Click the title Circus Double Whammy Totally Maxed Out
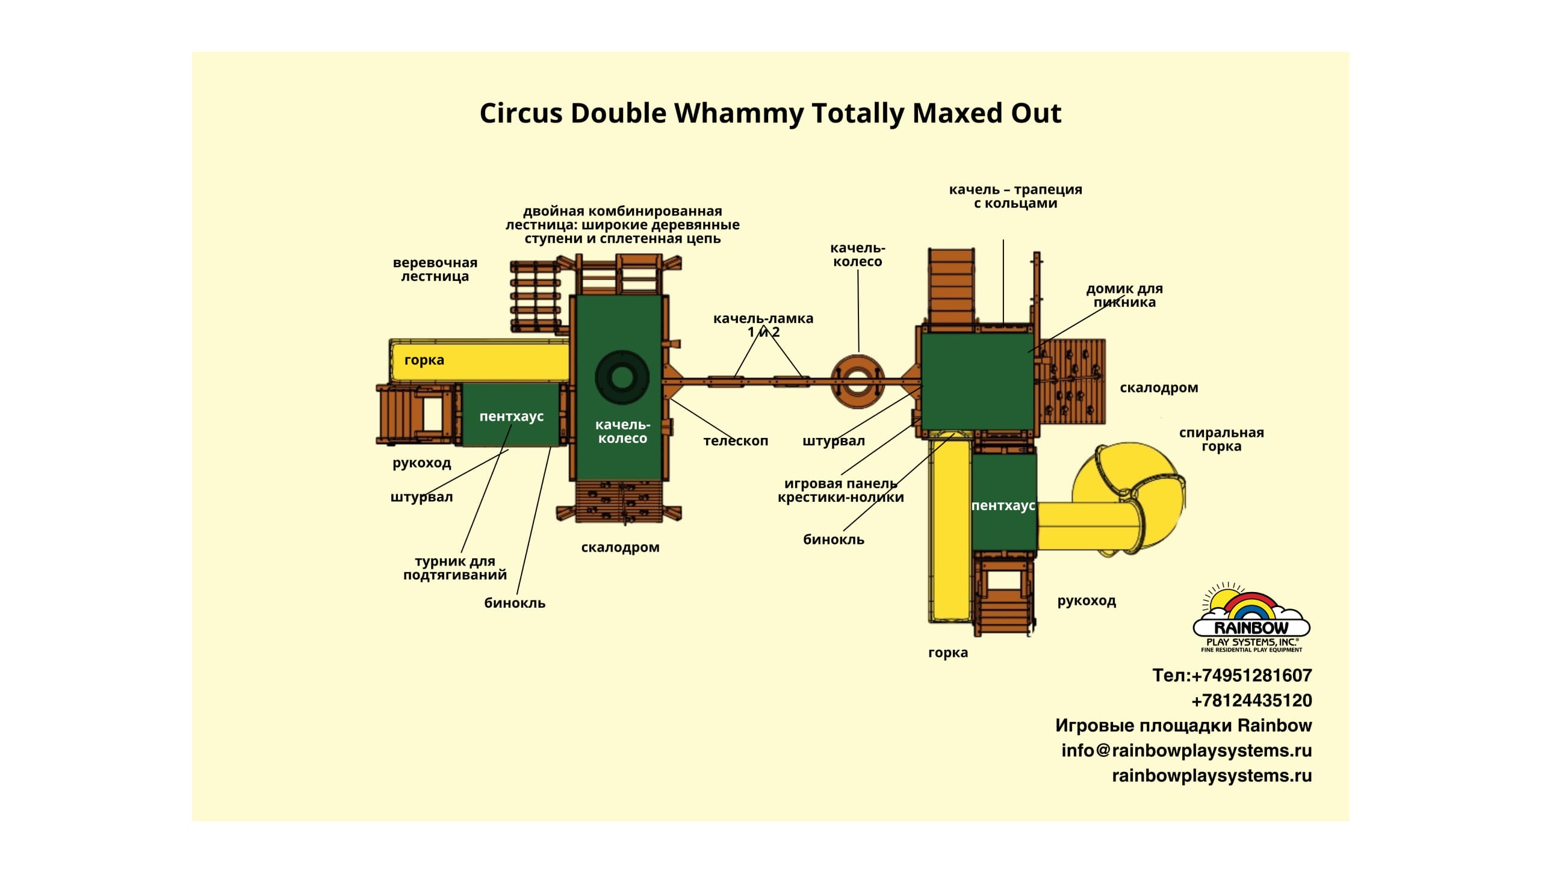pos(770,113)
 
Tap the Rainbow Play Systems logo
pos(1251,619)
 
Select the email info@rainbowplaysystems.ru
pos(1186,750)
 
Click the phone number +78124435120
pos(1251,700)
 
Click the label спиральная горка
pos(1221,439)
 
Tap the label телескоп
pos(736,441)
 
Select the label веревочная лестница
pos(435,270)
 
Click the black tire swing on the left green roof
pos(622,377)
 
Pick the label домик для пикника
pos(1124,295)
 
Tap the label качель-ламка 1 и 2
pos(763,325)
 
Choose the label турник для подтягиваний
pos(455,568)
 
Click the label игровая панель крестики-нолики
pos(840,490)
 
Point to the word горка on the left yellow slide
pos(424,360)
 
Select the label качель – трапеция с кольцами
pos(1015,196)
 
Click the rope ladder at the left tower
pos(535,297)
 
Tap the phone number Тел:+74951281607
pos(1232,675)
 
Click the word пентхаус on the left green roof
pos(511,416)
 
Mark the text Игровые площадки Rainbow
pos(1183,725)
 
